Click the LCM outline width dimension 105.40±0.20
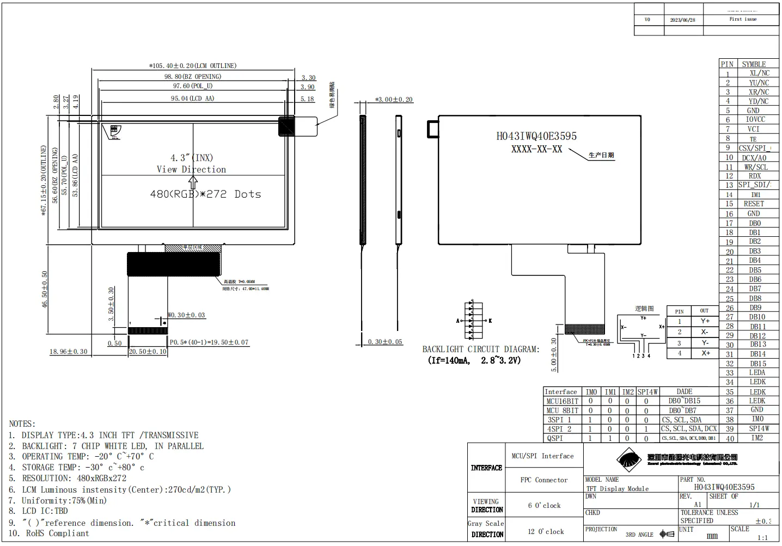(193, 66)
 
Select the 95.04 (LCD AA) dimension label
(193, 99)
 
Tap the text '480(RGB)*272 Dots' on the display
(205, 194)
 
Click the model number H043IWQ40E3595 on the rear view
(536, 136)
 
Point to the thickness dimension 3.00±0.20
(394, 100)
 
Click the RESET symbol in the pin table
(754, 204)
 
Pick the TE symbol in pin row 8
(753, 139)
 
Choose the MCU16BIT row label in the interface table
(562, 401)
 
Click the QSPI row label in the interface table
(555, 438)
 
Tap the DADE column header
(684, 391)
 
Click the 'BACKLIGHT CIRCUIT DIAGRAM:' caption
(481, 349)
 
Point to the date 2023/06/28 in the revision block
(682, 20)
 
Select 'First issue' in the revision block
(743, 19)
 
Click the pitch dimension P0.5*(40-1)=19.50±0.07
(209, 342)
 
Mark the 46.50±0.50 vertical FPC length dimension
(45, 289)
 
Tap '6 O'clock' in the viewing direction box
(544, 506)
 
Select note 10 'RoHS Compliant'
(57, 533)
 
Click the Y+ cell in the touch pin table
(705, 321)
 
